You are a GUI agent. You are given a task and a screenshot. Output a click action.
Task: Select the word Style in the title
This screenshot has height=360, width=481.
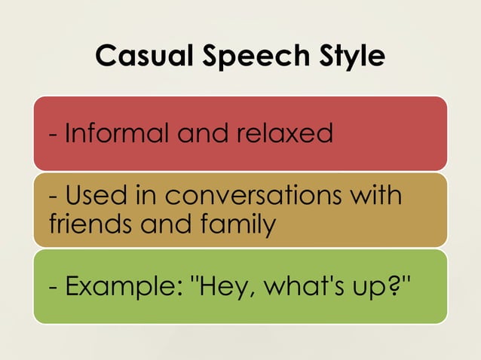(x=346, y=56)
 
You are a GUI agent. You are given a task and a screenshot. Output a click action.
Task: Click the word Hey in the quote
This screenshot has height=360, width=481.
(x=219, y=287)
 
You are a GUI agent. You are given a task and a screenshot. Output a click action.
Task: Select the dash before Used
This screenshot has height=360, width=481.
(x=52, y=198)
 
